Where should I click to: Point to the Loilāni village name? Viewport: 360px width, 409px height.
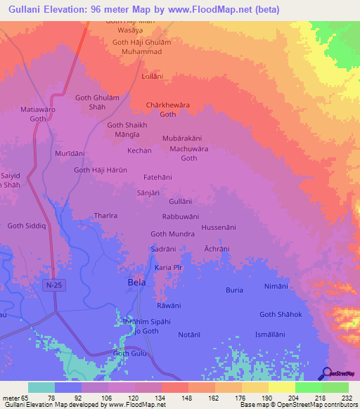pyautogui.click(x=153, y=75)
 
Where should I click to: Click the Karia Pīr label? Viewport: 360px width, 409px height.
pyautogui.click(x=168, y=268)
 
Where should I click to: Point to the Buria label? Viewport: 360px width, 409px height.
pyautogui.click(x=234, y=290)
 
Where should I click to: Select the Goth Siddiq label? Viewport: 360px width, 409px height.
pyautogui.click(x=26, y=226)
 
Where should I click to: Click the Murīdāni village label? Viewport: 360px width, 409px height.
pyautogui.click(x=70, y=152)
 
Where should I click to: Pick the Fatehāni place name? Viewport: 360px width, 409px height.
pyautogui.click(x=157, y=178)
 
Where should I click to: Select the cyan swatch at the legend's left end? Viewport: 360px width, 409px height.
pyautogui.click(x=41, y=387)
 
